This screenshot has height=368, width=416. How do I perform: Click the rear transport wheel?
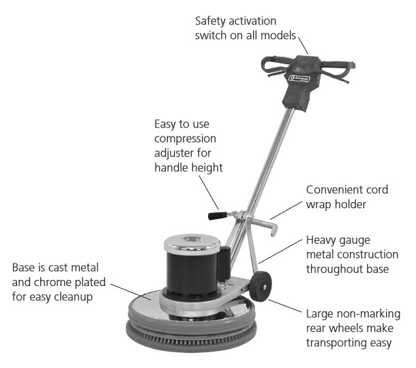pyautogui.click(x=261, y=286)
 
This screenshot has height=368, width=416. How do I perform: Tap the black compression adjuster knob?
pyautogui.click(x=218, y=216)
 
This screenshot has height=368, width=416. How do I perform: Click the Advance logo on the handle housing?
pyautogui.click(x=299, y=79)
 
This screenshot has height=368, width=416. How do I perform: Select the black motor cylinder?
pyautogui.click(x=192, y=274)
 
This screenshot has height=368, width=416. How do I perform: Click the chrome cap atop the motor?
pyautogui.click(x=192, y=244)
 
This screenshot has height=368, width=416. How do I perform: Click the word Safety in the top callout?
pyautogui.click(x=209, y=21)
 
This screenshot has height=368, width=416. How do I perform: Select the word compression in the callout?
pyautogui.click(x=185, y=139)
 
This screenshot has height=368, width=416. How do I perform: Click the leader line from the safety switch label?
pyautogui.click(x=303, y=46)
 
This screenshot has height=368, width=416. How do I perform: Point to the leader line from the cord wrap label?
pyautogui.click(x=286, y=210)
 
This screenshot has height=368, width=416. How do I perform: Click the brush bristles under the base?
pyautogui.click(x=190, y=337)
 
